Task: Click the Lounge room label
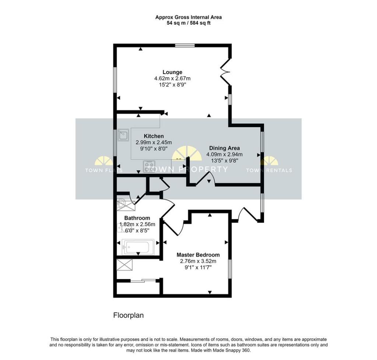(172, 72)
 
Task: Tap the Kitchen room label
(154, 136)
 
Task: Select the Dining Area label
(224, 148)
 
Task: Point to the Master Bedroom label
(198, 255)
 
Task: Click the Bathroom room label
(137, 218)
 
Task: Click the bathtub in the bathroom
(137, 247)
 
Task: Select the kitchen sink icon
(123, 136)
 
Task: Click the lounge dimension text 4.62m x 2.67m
(172, 78)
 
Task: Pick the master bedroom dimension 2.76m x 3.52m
(198, 261)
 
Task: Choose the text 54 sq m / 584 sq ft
(188, 23)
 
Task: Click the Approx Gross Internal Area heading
(188, 17)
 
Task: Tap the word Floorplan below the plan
(128, 315)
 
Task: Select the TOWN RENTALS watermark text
(269, 170)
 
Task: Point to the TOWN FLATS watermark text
(104, 170)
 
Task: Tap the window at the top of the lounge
(184, 46)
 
